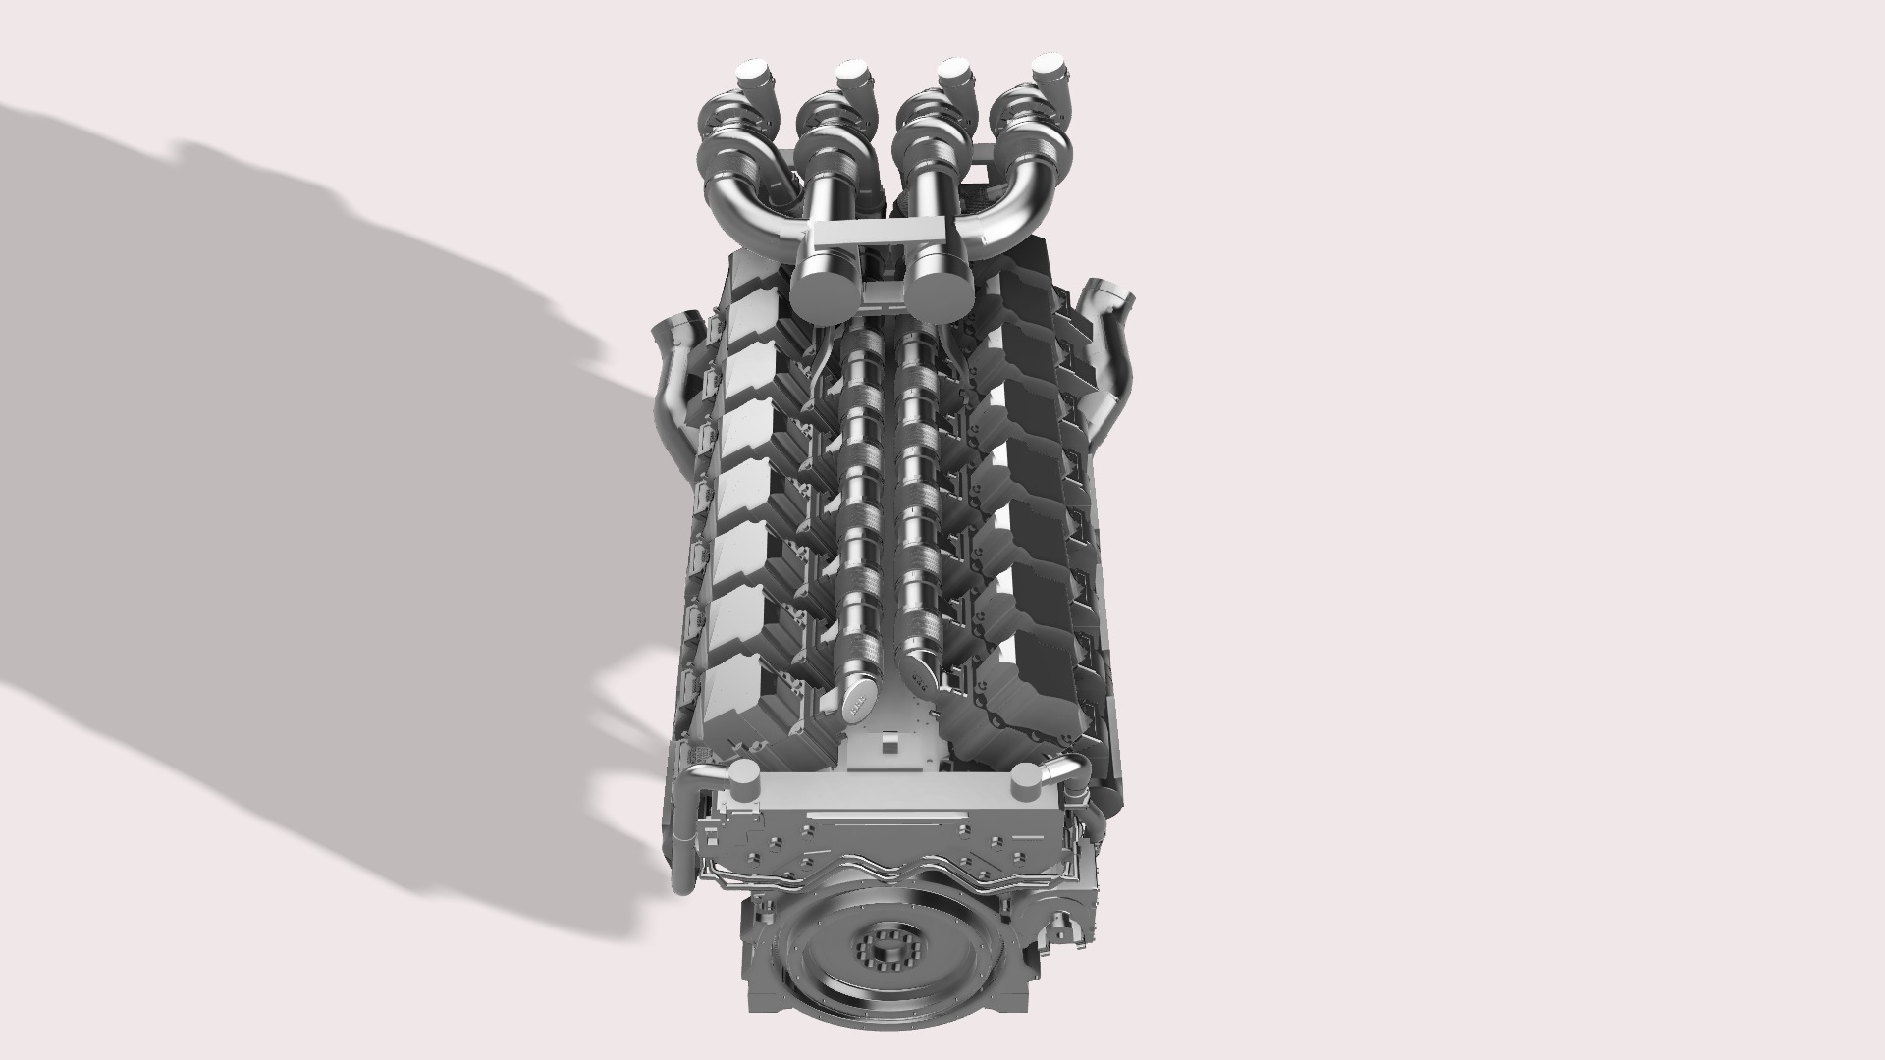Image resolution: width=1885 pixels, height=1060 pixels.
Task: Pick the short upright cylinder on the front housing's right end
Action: point(1025,783)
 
